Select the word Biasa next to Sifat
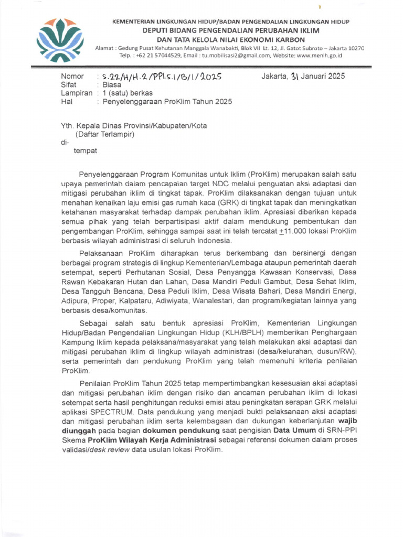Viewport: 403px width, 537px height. pyautogui.click(x=112, y=84)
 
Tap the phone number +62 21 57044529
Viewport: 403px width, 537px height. pyautogui.click(x=155, y=55)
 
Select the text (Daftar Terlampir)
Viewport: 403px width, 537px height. pyautogui.click(x=105, y=134)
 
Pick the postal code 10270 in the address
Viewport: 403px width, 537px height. pyautogui.click(x=353, y=48)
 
